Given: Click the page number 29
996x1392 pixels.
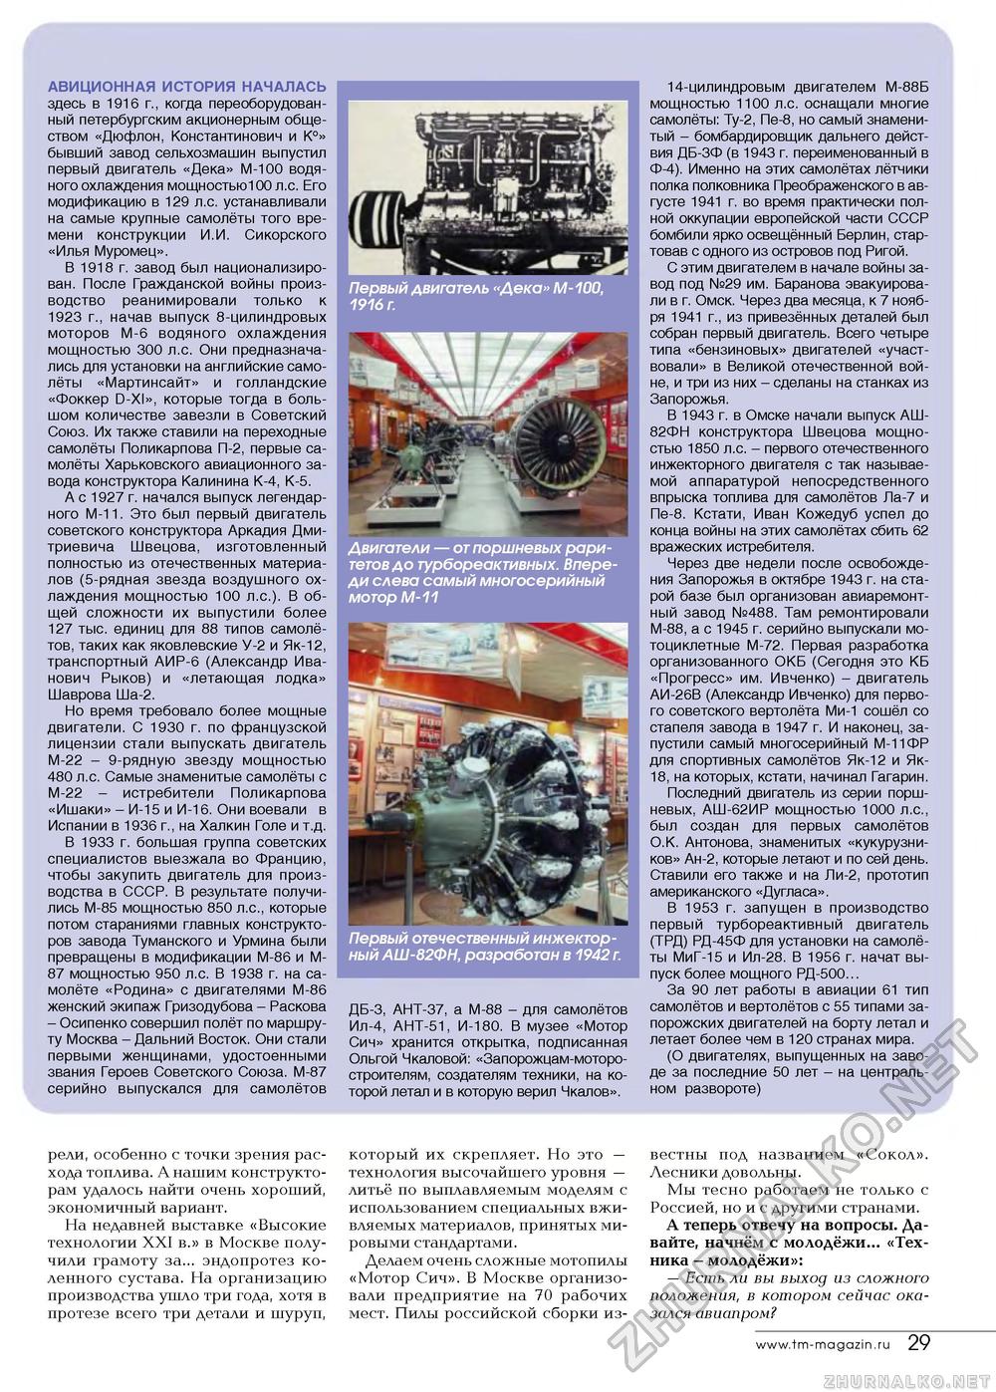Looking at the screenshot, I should tap(919, 1342).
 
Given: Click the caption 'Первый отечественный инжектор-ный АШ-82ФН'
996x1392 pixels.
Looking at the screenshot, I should tap(485, 947).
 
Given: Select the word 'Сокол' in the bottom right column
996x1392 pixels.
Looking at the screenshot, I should tap(892, 1156).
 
